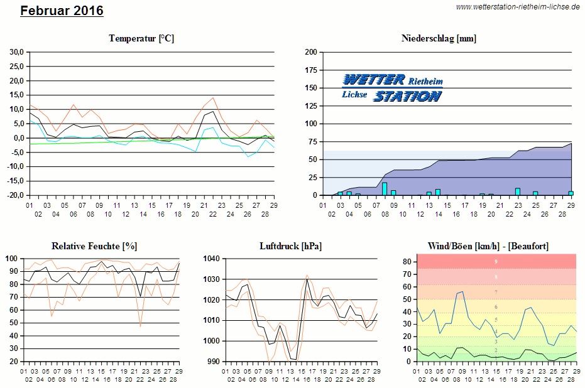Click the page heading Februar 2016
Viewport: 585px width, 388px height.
click(62, 11)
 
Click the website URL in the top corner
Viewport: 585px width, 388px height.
click(518, 6)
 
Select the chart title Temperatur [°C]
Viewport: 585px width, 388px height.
click(141, 38)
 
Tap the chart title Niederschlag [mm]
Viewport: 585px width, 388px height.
click(439, 38)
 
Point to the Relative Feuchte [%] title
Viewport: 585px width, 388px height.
click(94, 245)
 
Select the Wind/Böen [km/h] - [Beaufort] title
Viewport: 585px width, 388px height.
click(488, 245)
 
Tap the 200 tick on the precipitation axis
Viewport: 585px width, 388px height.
click(310, 52)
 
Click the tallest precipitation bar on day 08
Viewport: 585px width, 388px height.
click(385, 189)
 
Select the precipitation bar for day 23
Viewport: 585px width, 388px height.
click(518, 191)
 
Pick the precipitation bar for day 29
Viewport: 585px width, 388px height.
click(571, 193)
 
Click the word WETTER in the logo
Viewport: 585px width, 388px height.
click(374, 80)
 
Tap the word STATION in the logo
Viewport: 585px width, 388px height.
click(407, 96)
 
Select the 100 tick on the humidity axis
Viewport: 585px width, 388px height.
click(12, 258)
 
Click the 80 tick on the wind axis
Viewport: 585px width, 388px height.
click(407, 261)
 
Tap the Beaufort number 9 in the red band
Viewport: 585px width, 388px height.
click(496, 261)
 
